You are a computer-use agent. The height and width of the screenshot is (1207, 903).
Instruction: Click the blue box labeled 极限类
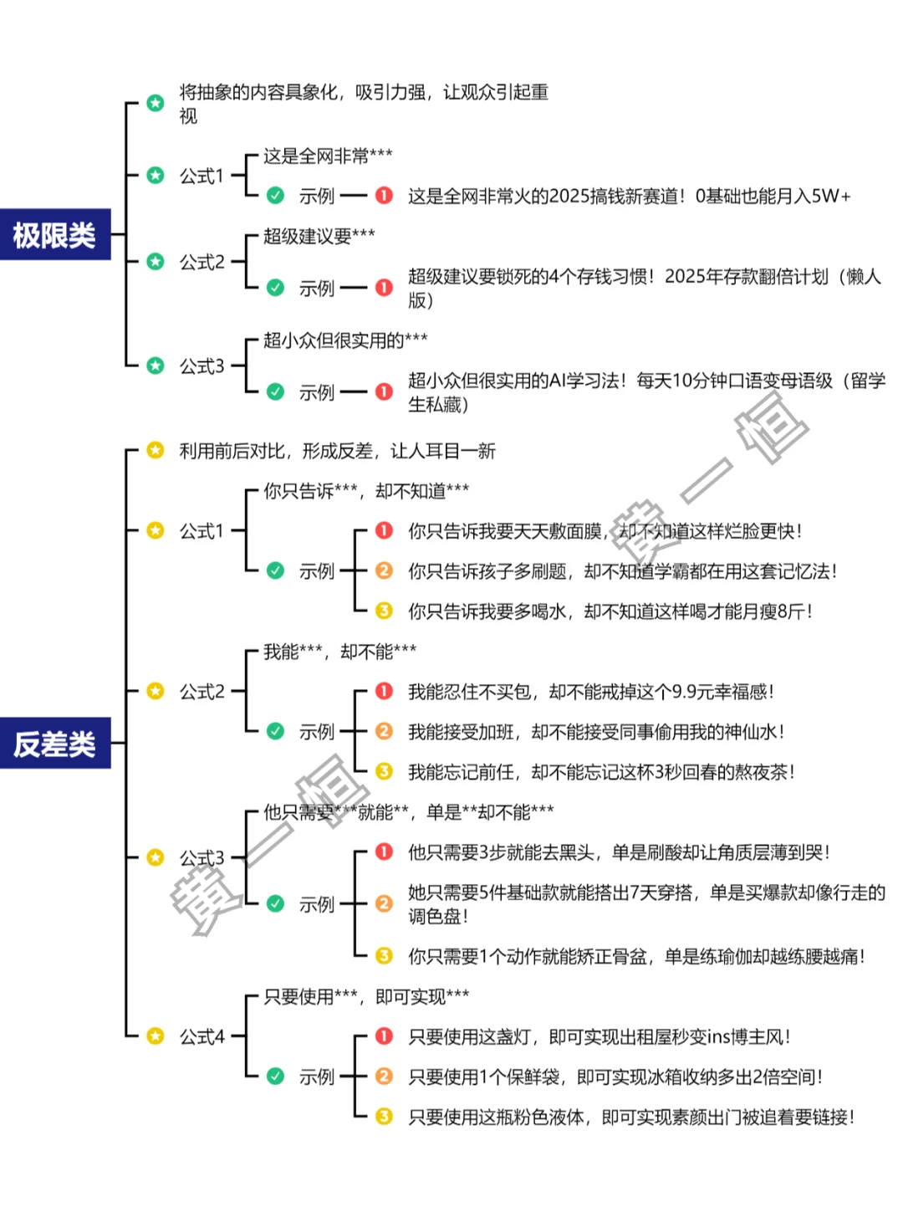pyautogui.click(x=55, y=235)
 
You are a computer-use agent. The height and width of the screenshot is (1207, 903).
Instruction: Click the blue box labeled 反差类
pyautogui.click(x=55, y=743)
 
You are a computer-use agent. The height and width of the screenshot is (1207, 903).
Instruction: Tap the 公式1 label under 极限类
pyautogui.click(x=202, y=176)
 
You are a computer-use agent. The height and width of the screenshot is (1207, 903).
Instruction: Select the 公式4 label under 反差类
pyautogui.click(x=202, y=1036)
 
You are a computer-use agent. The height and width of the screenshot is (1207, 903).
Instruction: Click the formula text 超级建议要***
pyautogui.click(x=319, y=236)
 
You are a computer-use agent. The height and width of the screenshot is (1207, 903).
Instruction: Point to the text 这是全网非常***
pyautogui.click(x=328, y=156)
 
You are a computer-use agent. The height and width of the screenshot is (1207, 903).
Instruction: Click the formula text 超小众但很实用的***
pyautogui.click(x=345, y=340)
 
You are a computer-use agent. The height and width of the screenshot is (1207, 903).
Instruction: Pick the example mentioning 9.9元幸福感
pyautogui.click(x=590, y=692)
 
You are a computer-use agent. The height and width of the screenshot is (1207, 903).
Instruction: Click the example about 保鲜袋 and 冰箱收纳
pyautogui.click(x=615, y=1077)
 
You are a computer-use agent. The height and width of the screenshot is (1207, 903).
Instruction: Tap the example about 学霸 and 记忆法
pyautogui.click(x=622, y=571)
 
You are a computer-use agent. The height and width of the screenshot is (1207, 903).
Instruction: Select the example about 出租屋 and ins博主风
pyautogui.click(x=599, y=1036)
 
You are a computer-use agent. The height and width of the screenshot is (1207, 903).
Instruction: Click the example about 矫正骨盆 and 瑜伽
pyautogui.click(x=635, y=956)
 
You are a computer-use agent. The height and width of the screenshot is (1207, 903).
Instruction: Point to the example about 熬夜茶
pyautogui.click(x=600, y=772)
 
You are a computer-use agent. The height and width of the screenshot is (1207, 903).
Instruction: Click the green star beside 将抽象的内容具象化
pyautogui.click(x=156, y=103)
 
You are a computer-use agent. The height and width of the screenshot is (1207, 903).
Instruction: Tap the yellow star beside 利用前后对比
pyautogui.click(x=156, y=451)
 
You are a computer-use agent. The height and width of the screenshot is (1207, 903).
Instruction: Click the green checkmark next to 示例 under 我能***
pyautogui.click(x=275, y=731)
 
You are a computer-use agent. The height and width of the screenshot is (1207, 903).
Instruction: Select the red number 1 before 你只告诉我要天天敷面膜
pyautogui.click(x=384, y=530)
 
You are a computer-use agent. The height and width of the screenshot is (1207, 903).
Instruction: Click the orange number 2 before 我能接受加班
pyautogui.click(x=384, y=731)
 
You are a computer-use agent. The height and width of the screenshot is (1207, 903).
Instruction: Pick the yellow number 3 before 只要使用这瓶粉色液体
pyautogui.click(x=384, y=1116)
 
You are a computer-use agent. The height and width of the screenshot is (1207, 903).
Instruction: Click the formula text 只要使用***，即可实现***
pyautogui.click(x=366, y=996)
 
